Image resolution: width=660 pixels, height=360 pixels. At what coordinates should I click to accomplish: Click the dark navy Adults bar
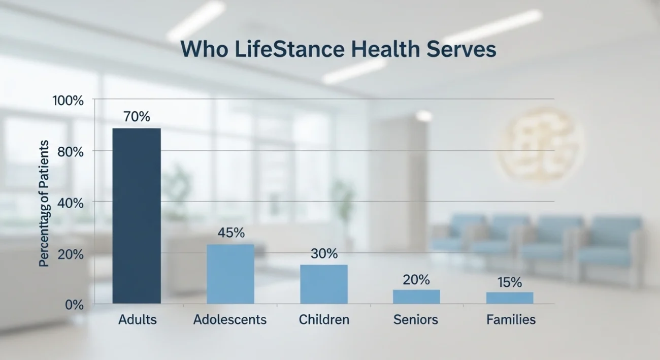coord(137,216)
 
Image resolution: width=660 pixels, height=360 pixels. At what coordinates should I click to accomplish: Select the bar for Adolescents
coord(230,274)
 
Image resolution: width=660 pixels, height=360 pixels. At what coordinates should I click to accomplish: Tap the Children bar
coord(324,284)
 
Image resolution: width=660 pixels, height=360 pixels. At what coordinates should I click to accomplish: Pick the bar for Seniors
coord(416,297)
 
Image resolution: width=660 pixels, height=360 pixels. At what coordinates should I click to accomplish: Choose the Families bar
coord(510,298)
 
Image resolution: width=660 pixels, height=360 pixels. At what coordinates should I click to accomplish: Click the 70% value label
coord(137,117)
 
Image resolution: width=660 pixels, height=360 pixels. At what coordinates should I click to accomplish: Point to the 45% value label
coord(231,233)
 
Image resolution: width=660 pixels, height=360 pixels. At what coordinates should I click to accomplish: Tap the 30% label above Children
coord(324,253)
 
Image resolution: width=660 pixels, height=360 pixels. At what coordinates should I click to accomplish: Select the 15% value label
coord(509,283)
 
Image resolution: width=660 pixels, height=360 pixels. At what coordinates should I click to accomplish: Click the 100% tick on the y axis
coord(68,101)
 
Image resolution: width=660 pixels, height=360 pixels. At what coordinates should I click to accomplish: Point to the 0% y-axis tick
coord(74,305)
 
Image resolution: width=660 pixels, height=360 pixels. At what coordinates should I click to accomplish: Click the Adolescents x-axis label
coord(230,320)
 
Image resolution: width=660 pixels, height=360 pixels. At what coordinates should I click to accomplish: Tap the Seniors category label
coord(416,320)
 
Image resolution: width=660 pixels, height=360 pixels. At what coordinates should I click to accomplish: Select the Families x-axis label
coord(511,320)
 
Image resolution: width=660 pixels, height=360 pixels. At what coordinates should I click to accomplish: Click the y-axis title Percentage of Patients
coord(45,203)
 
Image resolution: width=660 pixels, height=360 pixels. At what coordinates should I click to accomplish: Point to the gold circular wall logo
coord(540,145)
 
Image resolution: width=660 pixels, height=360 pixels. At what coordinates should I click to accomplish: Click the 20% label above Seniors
coord(416,280)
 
